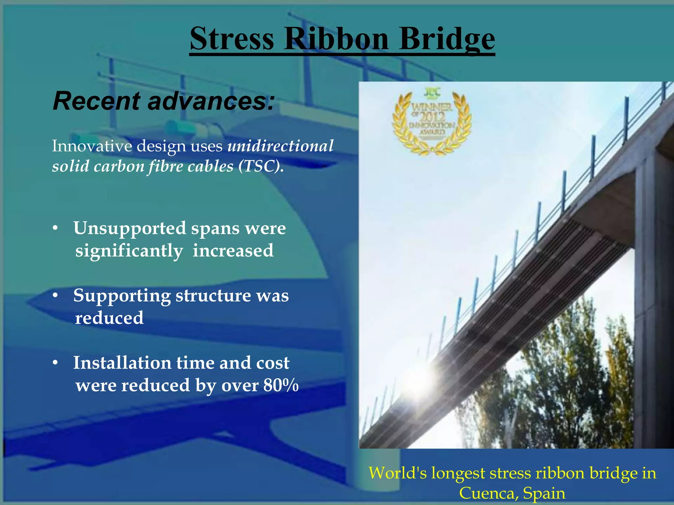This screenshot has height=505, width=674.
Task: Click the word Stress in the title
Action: [x=232, y=38]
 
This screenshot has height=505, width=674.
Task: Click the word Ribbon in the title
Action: [x=336, y=38]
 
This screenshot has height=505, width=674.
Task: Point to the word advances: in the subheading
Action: [x=211, y=101]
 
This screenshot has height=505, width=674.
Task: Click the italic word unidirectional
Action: [x=280, y=146]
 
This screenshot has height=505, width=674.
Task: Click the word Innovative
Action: [x=92, y=146]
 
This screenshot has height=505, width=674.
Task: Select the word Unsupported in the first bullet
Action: [x=130, y=228]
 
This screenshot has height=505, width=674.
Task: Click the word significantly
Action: [x=129, y=251]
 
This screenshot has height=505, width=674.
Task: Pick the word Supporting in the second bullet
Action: [x=122, y=296]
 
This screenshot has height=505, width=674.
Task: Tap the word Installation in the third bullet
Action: [x=122, y=363]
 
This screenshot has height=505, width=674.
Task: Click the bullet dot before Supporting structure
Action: [x=56, y=296]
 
